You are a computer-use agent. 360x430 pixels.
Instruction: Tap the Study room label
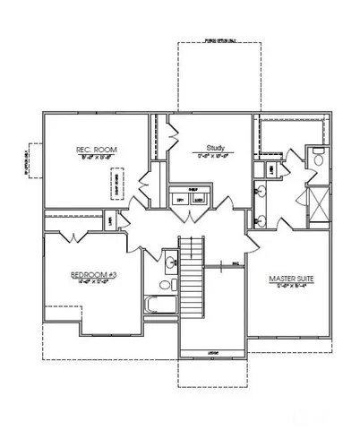[214, 147]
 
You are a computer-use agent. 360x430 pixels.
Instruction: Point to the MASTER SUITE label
[292, 279]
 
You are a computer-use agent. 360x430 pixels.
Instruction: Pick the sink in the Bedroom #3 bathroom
[170, 263]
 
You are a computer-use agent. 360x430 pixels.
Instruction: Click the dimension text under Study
[214, 156]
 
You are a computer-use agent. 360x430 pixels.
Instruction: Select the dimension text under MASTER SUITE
[292, 288]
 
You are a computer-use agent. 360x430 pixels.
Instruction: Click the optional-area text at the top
[219, 40]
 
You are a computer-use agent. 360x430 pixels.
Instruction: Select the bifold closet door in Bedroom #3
[73, 235]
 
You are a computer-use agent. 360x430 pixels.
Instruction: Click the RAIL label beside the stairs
[234, 263]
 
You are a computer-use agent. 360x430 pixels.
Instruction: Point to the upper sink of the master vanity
[262, 191]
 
